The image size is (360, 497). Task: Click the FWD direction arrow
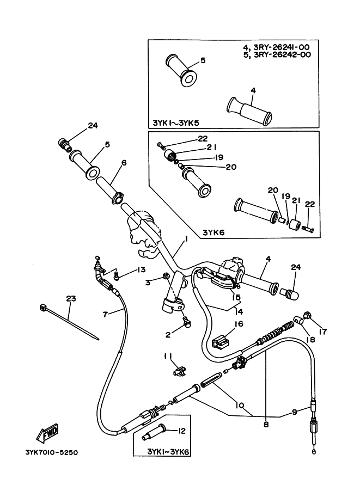click(x=47, y=433)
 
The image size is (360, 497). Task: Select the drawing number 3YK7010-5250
click(x=51, y=452)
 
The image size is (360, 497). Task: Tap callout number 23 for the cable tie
click(x=71, y=298)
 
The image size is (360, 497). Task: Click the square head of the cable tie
click(x=41, y=307)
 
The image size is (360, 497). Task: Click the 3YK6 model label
click(x=213, y=232)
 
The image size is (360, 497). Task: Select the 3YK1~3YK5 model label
click(x=176, y=123)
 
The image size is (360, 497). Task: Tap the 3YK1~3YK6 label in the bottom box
click(x=168, y=451)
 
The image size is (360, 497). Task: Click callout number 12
click(x=182, y=431)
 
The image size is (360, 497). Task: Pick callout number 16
click(x=239, y=323)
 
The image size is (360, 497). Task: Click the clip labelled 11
click(x=180, y=371)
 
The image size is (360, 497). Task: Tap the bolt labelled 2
click(x=187, y=322)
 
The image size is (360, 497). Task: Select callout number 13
click(x=141, y=269)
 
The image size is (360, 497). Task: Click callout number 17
click(x=322, y=332)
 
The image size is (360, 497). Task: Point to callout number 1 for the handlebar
click(x=186, y=238)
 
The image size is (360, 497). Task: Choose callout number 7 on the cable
click(x=105, y=314)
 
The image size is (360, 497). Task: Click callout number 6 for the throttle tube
click(x=124, y=163)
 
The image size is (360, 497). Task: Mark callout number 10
click(x=240, y=405)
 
